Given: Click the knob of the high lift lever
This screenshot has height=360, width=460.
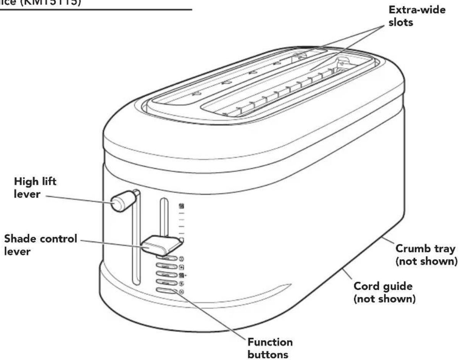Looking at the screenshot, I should (120, 202).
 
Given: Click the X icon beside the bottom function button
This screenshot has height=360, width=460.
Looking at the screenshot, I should (181, 292).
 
